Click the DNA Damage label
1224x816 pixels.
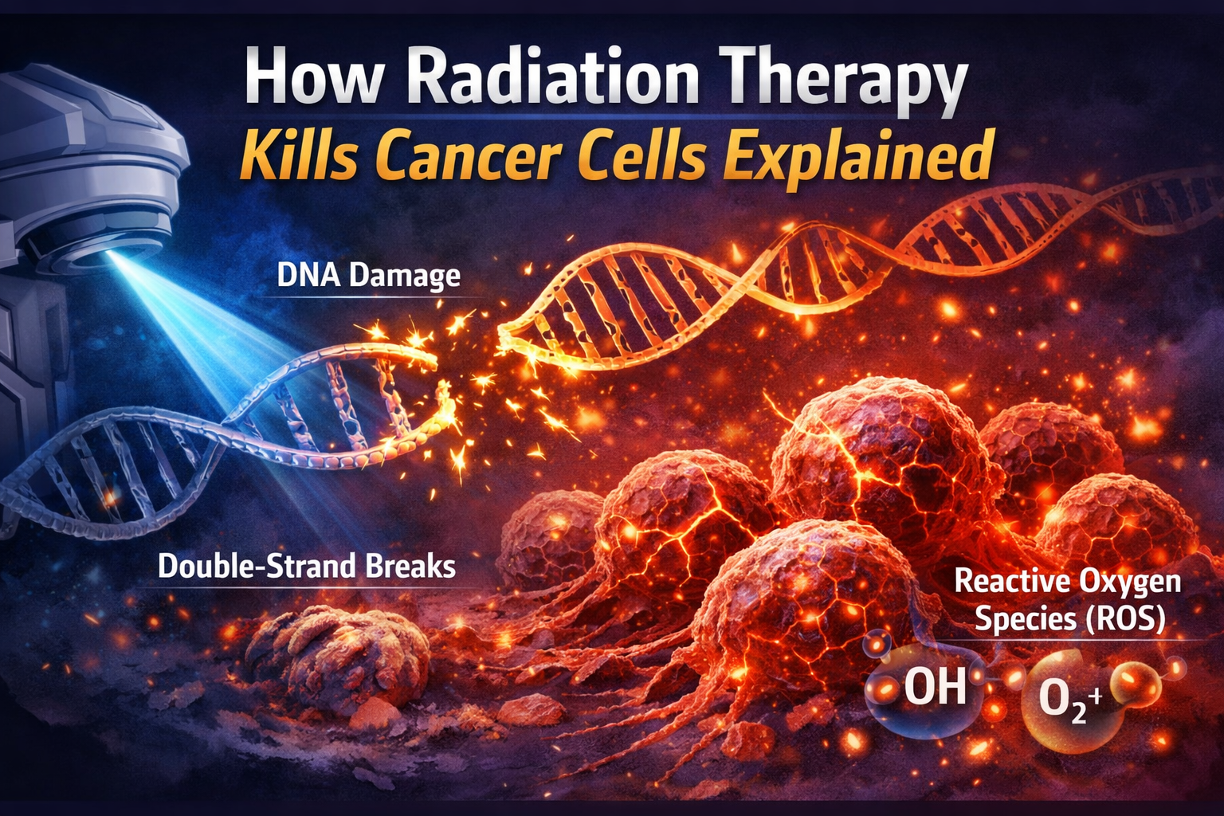pyautogui.click(x=369, y=276)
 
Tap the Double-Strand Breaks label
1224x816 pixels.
pyautogui.click(x=307, y=566)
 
